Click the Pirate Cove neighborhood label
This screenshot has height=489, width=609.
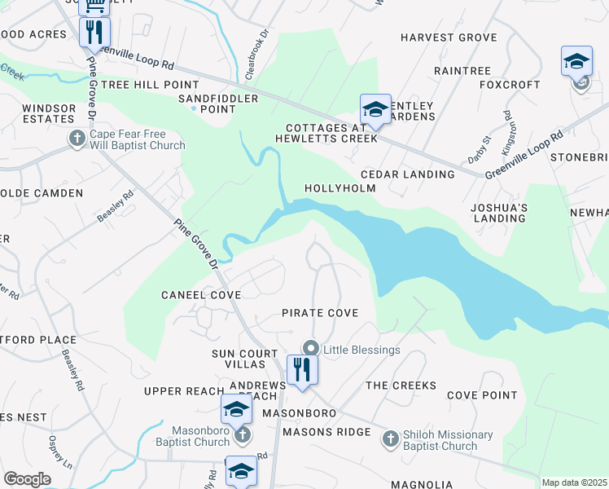[320, 313]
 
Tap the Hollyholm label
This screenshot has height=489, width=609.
[340, 188]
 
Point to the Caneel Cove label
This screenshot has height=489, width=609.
[200, 294]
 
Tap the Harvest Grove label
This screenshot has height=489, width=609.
[448, 37]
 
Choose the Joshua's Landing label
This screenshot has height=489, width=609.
[499, 213]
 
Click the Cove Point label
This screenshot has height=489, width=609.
[482, 395]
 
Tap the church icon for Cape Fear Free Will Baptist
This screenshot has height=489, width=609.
[77, 139]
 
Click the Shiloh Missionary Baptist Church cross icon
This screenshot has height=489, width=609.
[390, 439]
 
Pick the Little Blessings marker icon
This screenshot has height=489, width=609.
[310, 349]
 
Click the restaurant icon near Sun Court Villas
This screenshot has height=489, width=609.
[301, 369]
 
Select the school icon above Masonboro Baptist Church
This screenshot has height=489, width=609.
[236, 409]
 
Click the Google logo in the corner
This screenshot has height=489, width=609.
[27, 479]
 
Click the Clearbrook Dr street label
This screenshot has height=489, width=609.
[257, 54]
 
